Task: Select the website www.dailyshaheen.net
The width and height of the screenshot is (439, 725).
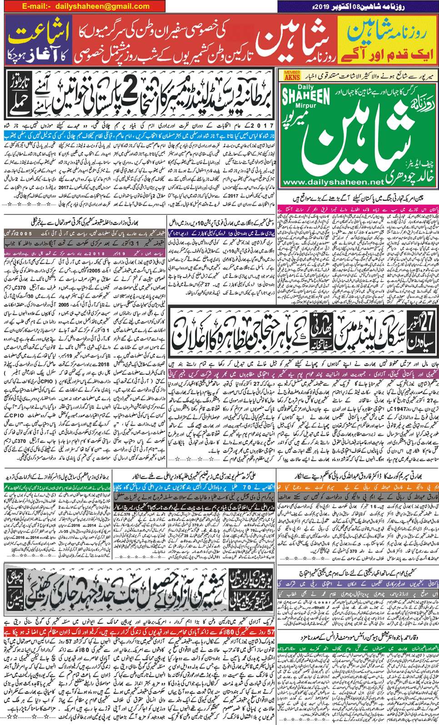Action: click(x=333, y=182)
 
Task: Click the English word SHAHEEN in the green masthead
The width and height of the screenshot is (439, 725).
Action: click(x=305, y=97)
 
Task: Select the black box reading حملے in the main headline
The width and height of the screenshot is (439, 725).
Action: click(x=18, y=106)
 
